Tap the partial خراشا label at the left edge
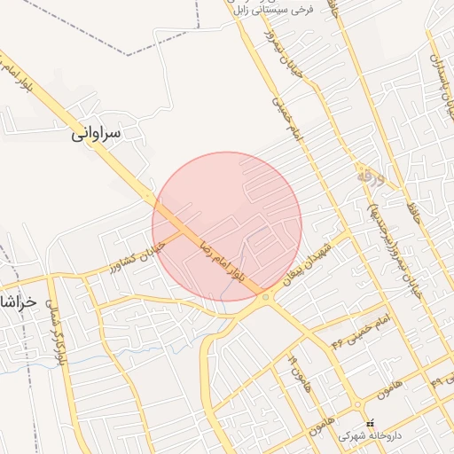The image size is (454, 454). click(x=18, y=301)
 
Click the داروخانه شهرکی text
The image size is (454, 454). click(x=370, y=437)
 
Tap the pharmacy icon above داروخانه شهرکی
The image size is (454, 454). click(x=371, y=420)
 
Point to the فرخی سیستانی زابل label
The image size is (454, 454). click(x=274, y=10)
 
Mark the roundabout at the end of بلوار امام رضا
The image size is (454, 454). click(x=265, y=297)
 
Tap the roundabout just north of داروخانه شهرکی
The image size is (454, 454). click(x=358, y=400)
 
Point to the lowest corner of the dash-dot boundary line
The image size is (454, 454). click(x=129, y=55)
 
